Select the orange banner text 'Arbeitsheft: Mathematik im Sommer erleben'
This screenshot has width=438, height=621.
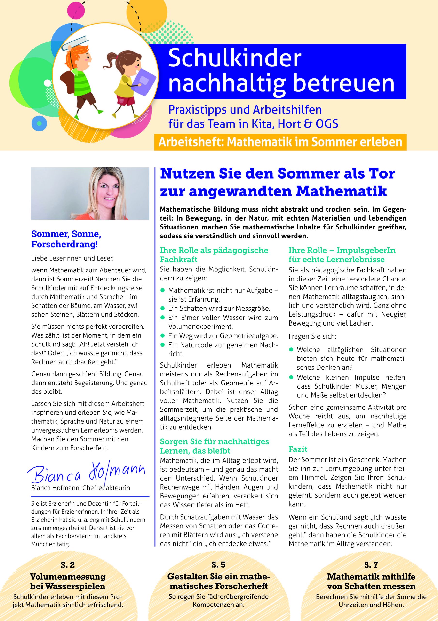280,142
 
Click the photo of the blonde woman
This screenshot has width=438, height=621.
90,193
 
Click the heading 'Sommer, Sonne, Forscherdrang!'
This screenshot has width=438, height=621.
66,239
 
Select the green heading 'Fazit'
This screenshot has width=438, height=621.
298,449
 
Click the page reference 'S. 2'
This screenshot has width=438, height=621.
68,565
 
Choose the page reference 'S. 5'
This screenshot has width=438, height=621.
218,564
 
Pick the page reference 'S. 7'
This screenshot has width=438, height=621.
371,565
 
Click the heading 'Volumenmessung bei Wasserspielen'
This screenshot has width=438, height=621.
68,581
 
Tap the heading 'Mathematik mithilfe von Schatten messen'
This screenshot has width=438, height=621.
371,581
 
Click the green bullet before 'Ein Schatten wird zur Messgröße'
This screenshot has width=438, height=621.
163,308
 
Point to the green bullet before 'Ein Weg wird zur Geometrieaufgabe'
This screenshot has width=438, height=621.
163,336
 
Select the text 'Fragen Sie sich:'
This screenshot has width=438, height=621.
312,336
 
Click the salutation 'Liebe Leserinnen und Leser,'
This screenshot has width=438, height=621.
72,258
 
